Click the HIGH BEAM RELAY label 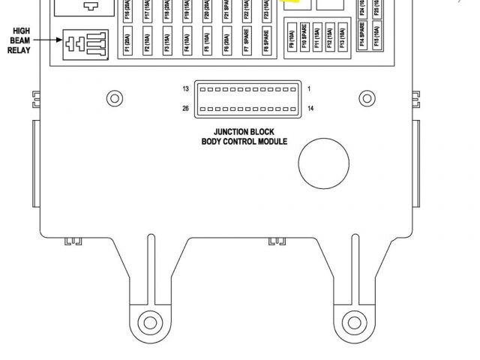click(20, 40)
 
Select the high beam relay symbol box click(85, 44)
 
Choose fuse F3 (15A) click(166, 41)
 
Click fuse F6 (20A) click(226, 41)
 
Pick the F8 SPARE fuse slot click(265, 41)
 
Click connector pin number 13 click(185, 89)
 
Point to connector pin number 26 click(185, 109)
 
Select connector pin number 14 click(310, 109)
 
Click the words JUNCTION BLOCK click(244, 131)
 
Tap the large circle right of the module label click(324, 163)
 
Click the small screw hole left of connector click(114, 97)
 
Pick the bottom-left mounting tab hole click(151, 323)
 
